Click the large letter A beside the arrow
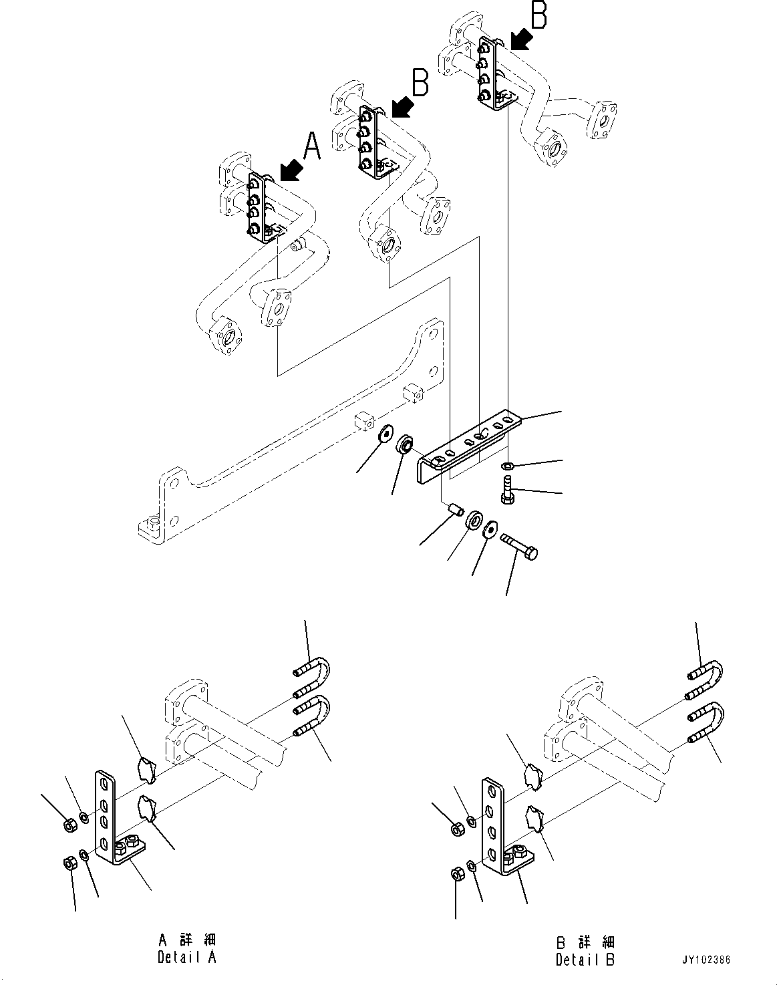[x=312, y=146]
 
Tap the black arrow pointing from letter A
[x=290, y=171]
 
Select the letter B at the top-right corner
[x=538, y=15]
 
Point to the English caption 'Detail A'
[x=186, y=957]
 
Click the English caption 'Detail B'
[x=585, y=960]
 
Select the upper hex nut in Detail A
[x=69, y=825]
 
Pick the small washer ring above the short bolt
[x=508, y=465]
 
